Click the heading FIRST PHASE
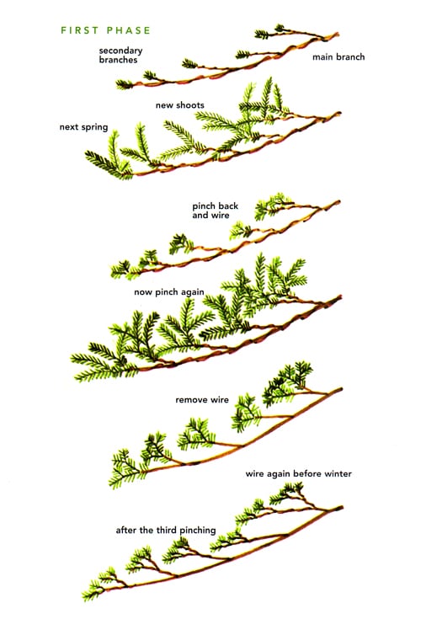[x=105, y=30]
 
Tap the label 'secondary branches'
[x=120, y=56]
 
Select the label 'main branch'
[x=338, y=57]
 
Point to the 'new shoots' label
[x=179, y=105]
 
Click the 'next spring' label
[x=83, y=127]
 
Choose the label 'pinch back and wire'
[x=215, y=211]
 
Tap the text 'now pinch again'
[x=169, y=292]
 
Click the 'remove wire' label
[x=201, y=400]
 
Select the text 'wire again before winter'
[x=298, y=473]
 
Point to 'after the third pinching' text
[x=166, y=531]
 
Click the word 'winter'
[x=338, y=473]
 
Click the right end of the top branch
[x=338, y=34]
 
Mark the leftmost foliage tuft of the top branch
[x=124, y=84]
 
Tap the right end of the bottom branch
[x=342, y=507]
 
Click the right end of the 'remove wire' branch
[x=341, y=389]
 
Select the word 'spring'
[x=95, y=127]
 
